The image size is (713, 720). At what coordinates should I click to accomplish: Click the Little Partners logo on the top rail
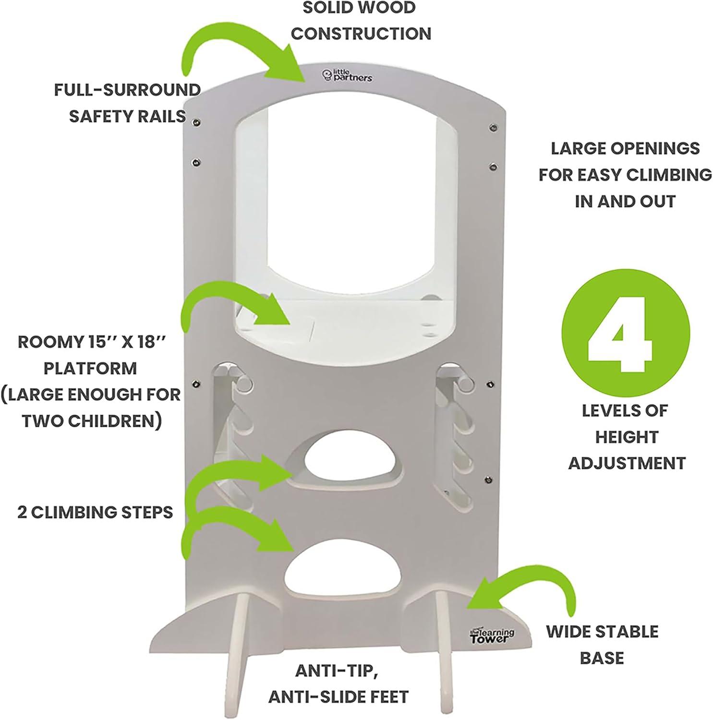(x=347, y=75)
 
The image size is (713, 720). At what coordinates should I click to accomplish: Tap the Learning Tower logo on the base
(x=491, y=636)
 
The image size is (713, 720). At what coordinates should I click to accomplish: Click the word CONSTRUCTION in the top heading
(x=361, y=34)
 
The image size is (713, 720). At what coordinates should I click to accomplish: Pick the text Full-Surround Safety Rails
(x=127, y=103)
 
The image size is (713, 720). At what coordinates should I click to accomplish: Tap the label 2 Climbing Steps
(x=95, y=512)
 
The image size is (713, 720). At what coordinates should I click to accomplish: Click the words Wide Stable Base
(x=602, y=644)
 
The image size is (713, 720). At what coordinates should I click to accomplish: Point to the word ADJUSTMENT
(x=627, y=463)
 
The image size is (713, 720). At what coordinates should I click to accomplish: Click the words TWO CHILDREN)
(x=91, y=420)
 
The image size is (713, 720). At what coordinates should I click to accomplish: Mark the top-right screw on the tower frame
(x=493, y=127)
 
